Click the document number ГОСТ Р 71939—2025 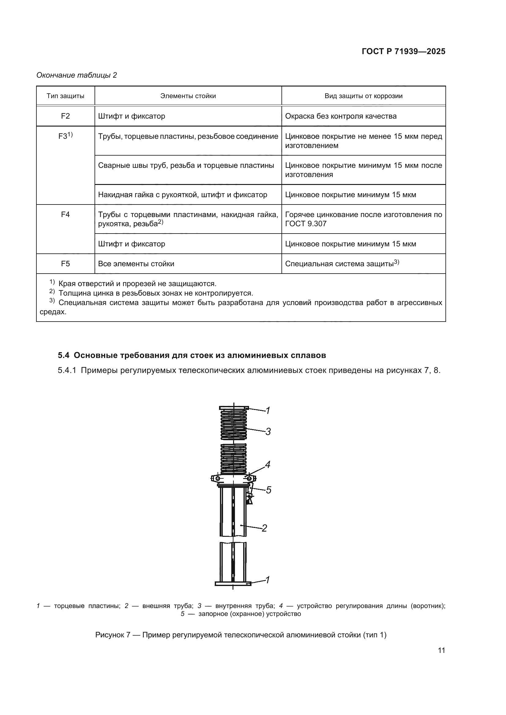point(404,52)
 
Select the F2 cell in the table point(65,116)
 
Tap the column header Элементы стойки point(188,96)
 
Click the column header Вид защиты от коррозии point(363,96)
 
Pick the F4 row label point(65,215)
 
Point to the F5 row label point(65,264)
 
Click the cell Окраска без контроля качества point(340,116)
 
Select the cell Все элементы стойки point(136,264)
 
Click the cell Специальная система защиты point(340,264)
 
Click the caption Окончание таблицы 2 point(77,75)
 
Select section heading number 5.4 point(64,355)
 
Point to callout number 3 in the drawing point(268,432)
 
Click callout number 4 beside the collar point(267,465)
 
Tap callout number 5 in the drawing point(268,490)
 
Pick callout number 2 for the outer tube point(264,528)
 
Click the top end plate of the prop point(234,408)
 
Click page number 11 point(441,651)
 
